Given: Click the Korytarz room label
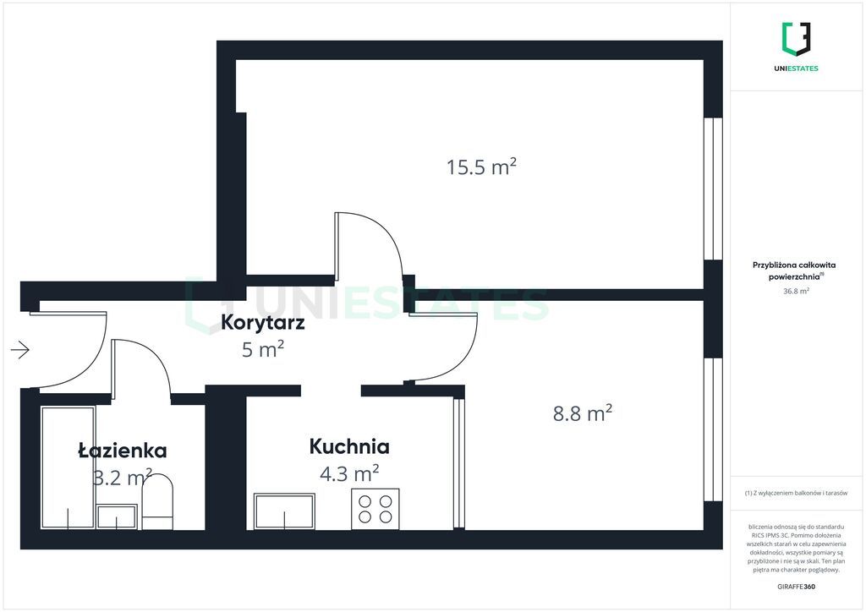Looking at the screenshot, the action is click(262, 322).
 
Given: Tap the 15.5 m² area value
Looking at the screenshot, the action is click(481, 167).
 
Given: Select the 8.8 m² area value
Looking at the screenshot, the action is click(582, 413).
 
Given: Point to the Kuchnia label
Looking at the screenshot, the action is click(349, 445).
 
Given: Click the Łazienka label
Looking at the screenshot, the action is click(122, 451).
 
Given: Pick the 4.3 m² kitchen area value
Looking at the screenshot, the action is click(349, 473).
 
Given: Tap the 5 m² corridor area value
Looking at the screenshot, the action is click(263, 349).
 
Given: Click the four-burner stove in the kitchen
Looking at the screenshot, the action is click(375, 509).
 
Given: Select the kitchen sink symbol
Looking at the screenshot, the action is click(284, 511).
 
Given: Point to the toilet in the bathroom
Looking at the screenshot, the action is click(157, 502).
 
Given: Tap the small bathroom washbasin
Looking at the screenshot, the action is click(117, 517).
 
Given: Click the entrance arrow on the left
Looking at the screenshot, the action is click(20, 349).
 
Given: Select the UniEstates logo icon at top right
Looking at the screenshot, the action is click(796, 39).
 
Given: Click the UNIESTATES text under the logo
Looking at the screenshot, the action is click(796, 68).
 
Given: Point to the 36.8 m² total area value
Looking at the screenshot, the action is click(796, 291).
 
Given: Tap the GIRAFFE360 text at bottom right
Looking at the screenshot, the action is click(796, 586).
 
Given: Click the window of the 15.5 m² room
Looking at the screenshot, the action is click(714, 189).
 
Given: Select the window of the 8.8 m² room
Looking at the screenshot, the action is click(714, 430).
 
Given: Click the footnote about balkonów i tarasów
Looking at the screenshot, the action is click(796, 493).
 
